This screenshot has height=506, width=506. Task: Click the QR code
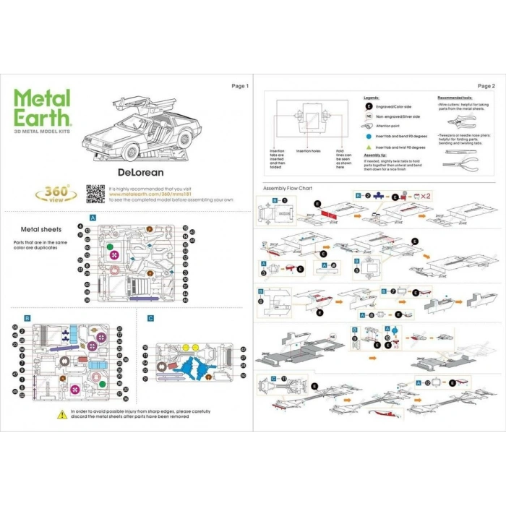click(95, 194)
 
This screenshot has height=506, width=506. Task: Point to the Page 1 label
click(240, 86)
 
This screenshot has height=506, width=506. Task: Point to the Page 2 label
click(486, 86)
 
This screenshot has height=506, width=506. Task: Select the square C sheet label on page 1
click(150, 318)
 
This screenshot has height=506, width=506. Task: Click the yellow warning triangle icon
click(62, 413)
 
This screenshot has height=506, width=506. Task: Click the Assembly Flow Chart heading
click(288, 188)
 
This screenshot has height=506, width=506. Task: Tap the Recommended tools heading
click(455, 97)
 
